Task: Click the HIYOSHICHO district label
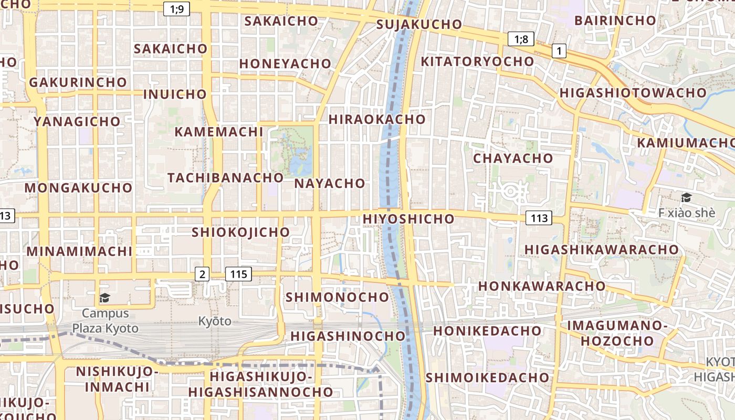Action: [408, 219]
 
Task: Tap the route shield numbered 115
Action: [238, 274]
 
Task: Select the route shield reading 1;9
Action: [177, 9]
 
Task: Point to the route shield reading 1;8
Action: [521, 38]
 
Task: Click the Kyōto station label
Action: [215, 321]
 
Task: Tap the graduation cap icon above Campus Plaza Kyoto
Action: [104, 298]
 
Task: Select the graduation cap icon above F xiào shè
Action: [686, 198]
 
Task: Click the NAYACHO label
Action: [330, 183]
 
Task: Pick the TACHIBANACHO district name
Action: [226, 177]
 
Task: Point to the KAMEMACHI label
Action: [218, 131]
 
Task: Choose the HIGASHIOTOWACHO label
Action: [633, 93]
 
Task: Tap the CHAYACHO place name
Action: [513, 158]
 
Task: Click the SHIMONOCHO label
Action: [337, 297]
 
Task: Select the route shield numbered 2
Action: [202, 274]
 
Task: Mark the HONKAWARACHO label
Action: [542, 286]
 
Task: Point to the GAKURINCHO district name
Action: [78, 82]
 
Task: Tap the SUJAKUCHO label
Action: [419, 24]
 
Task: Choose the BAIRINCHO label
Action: [615, 20]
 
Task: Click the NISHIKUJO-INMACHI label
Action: [117, 379]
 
